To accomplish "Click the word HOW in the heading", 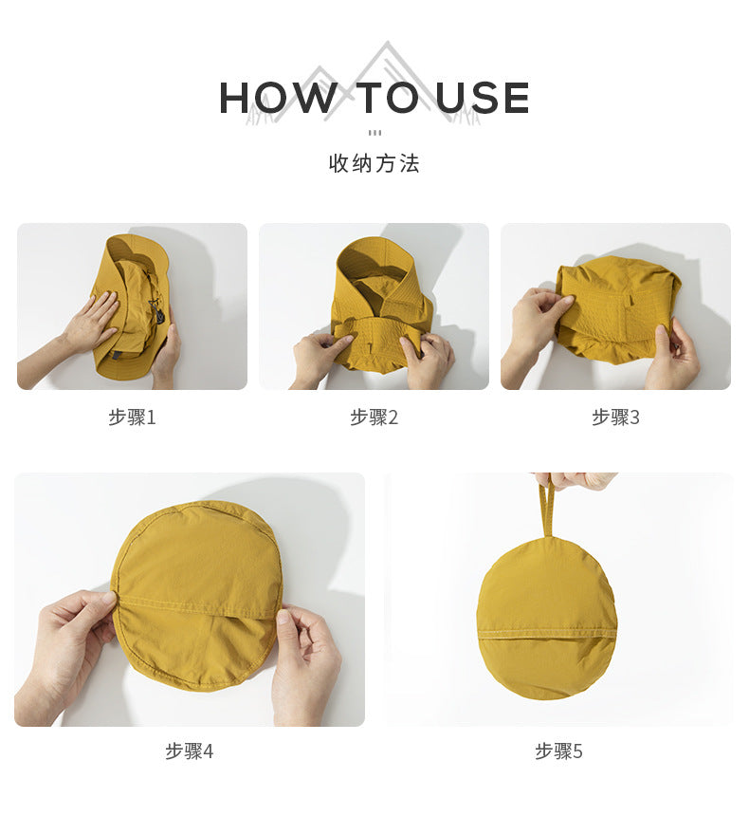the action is [x=278, y=98].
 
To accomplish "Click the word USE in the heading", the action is [x=483, y=98].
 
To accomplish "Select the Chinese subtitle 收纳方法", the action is [x=374, y=163].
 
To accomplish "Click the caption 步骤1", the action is [x=132, y=417].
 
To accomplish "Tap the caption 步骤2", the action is [x=374, y=417].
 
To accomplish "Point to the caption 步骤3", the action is [x=616, y=417].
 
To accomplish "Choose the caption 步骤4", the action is [x=190, y=751].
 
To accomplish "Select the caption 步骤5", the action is [x=559, y=751].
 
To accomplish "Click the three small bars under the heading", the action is [x=374, y=133].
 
